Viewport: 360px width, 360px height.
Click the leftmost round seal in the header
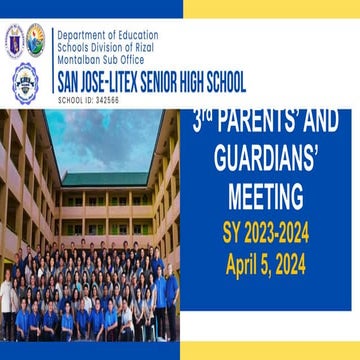pyautogui.click(x=14, y=41)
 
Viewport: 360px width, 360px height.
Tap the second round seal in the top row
pyautogui.click(x=36, y=40)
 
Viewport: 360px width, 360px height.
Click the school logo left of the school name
pyautogui.click(x=25, y=81)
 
